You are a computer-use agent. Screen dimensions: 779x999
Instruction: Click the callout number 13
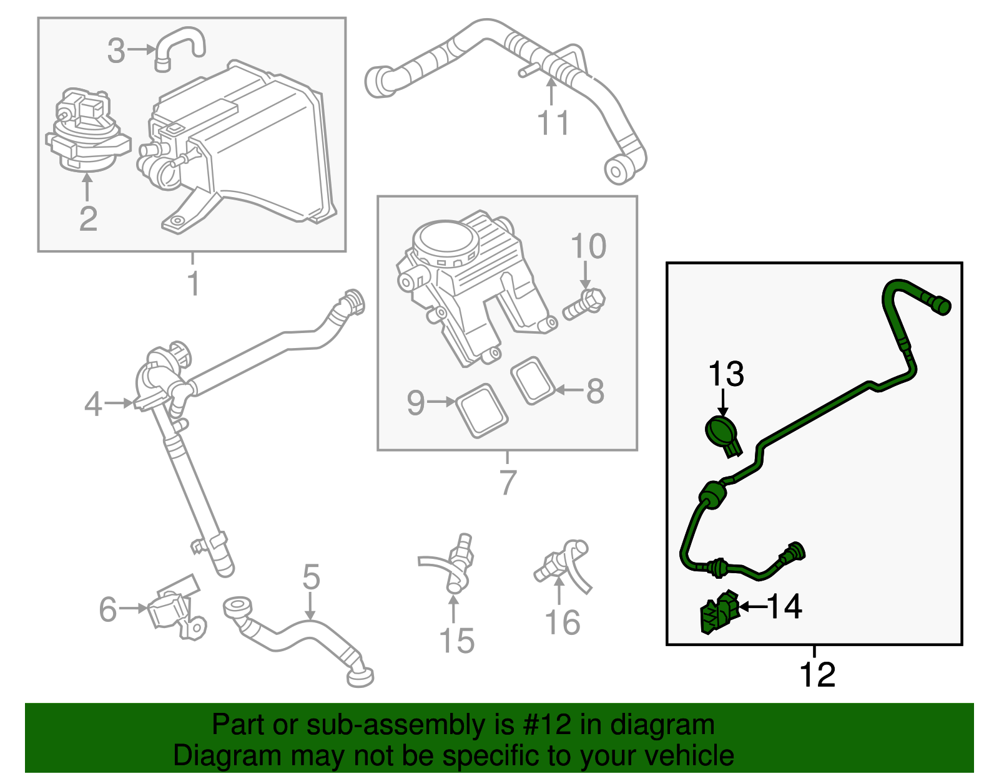726,374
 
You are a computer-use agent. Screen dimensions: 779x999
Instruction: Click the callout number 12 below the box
817,675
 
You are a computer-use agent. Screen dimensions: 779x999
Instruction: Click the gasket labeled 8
533,380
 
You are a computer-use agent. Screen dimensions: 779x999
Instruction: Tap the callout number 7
508,481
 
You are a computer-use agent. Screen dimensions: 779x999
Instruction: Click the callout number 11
553,123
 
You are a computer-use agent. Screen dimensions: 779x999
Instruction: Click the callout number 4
93,404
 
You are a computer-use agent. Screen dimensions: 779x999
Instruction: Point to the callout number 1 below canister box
194,283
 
